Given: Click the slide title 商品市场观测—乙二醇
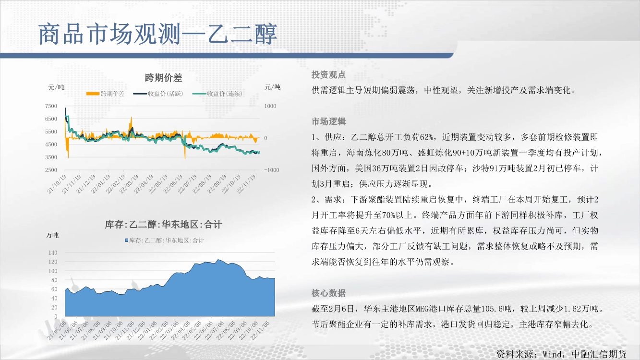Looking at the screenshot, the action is tap(157, 34).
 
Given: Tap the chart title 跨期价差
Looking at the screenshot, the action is tap(163, 78).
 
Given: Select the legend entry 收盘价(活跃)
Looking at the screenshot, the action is tap(158, 94).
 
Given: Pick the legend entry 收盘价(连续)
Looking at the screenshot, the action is tap(217, 94).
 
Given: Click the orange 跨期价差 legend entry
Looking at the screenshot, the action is tap(106, 94).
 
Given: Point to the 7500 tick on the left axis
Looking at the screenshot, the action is tap(51, 106).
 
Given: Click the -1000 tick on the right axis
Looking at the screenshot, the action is tap(271, 170).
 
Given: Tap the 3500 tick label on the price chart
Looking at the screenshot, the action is tap(51, 157).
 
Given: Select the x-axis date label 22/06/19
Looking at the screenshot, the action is tap(173, 184).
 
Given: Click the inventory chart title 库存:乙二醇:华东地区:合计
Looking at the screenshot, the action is tap(163, 225).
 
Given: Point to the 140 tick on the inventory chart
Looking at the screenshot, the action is tap(53, 252).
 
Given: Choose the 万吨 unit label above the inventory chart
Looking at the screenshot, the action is tap(52, 235).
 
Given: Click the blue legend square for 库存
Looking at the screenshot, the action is tap(126, 240).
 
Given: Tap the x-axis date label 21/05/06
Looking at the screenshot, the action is tap(57, 331).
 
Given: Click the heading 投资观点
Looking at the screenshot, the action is tap(328, 75).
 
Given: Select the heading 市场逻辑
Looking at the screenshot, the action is tap(328, 122).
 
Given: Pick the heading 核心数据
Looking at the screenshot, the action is tap(328, 293).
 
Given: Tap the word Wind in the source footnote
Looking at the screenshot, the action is tap(552, 354).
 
